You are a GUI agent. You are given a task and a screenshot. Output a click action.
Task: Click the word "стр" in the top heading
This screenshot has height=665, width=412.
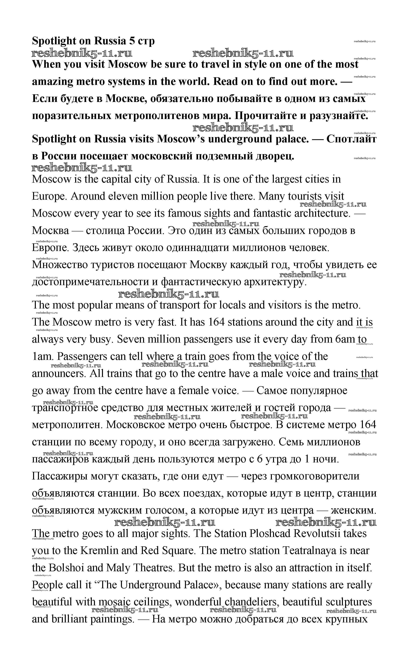[x=146, y=41]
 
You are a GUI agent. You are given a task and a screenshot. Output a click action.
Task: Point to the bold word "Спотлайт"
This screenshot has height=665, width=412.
[x=352, y=139]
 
